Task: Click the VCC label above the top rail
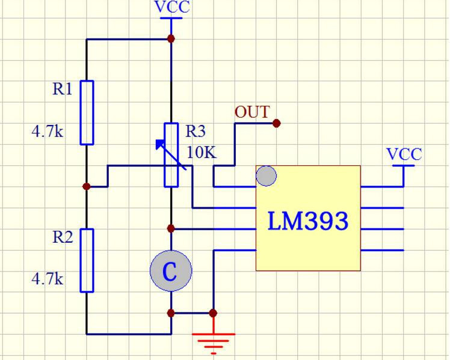tap(171, 7)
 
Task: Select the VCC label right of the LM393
tap(404, 154)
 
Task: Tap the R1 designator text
tap(62, 89)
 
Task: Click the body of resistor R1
tap(87, 112)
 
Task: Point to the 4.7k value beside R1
tap(48, 131)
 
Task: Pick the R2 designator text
tap(62, 237)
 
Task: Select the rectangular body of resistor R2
tap(87, 260)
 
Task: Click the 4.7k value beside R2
tap(48, 279)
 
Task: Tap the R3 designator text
tap(195, 131)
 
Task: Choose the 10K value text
tap(201, 152)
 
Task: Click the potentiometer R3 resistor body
tap(171, 154)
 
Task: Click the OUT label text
tap(251, 112)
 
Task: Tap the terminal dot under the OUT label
tap(276, 123)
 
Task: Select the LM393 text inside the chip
tap(307, 221)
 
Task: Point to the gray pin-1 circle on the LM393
tap(267, 176)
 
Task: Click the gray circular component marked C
tap(171, 271)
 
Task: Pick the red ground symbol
tap(213, 340)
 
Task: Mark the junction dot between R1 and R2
tap(87, 186)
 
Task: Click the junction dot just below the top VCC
tap(171, 38)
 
